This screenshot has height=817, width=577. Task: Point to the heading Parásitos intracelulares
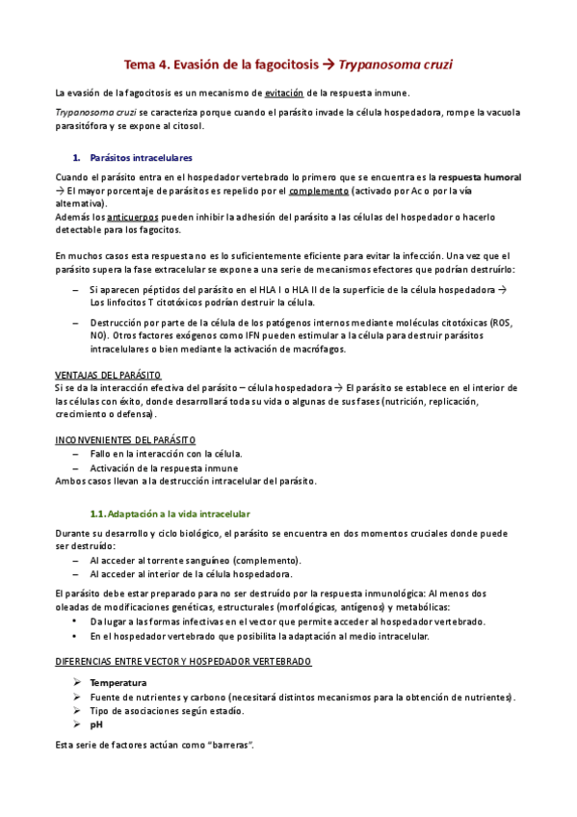point(141,157)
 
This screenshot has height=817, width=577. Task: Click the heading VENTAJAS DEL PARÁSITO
point(108,374)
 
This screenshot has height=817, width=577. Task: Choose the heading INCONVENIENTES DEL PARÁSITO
point(125,439)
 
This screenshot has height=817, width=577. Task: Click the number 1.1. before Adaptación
point(97,514)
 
